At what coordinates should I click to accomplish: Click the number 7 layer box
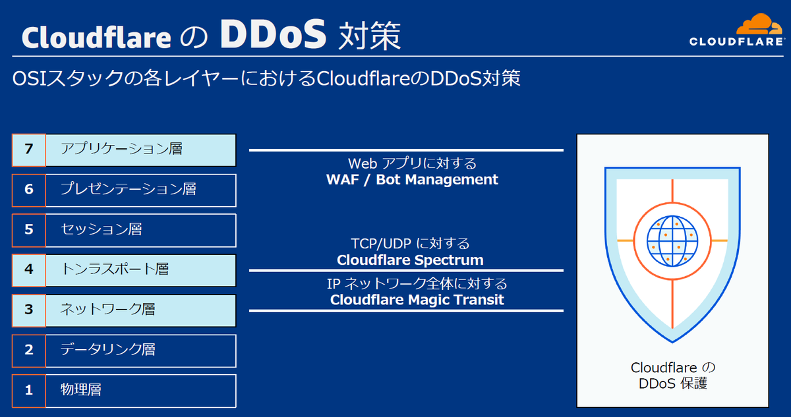click(28, 150)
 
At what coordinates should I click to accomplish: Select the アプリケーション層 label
click(121, 150)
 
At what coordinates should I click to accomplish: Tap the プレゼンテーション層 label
click(128, 190)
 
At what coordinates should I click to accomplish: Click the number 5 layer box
click(28, 230)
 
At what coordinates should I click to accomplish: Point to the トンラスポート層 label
click(115, 269)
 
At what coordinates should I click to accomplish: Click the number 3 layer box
click(28, 310)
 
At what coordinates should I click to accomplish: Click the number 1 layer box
click(28, 390)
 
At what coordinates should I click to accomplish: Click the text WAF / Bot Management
click(412, 179)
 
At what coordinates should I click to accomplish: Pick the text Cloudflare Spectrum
click(410, 260)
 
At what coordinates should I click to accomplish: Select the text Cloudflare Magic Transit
click(417, 300)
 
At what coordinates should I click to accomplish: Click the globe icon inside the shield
click(672, 240)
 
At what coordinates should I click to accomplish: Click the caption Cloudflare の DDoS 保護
click(672, 375)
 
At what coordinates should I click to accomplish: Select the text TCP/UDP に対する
click(410, 244)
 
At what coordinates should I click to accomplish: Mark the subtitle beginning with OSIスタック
click(266, 78)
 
